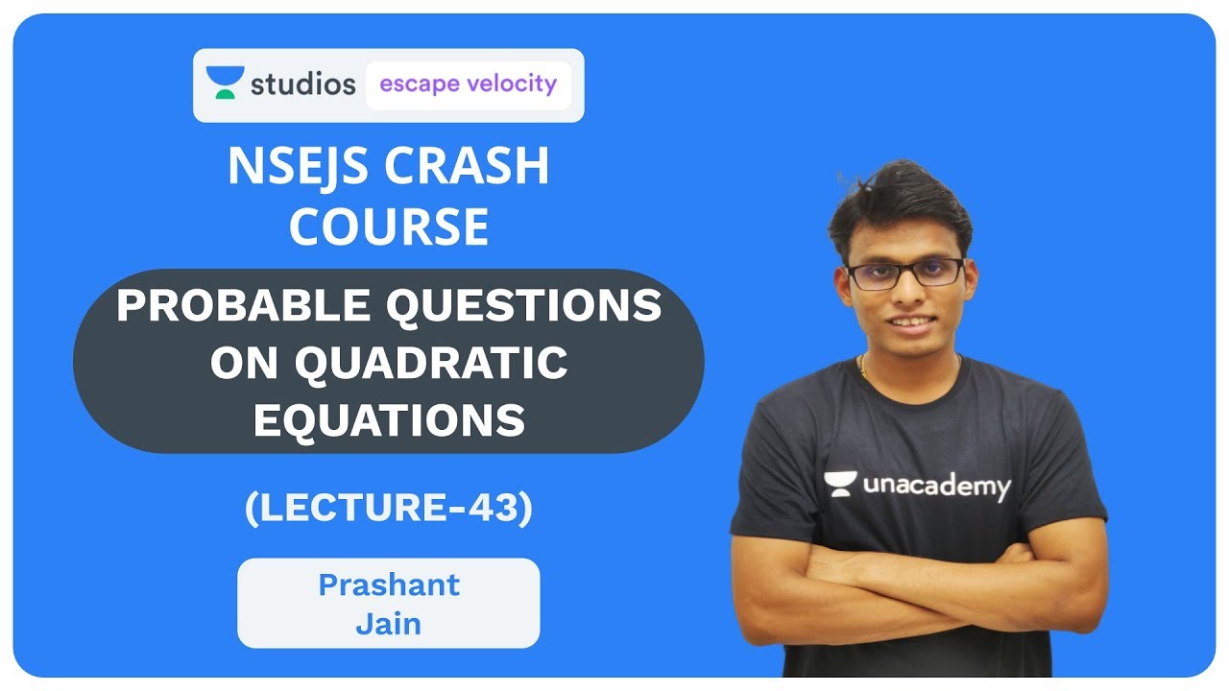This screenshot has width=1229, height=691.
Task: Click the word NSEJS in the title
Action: tap(298, 168)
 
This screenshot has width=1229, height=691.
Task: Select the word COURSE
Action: tap(389, 227)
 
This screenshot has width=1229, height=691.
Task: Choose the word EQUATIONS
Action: tap(389, 419)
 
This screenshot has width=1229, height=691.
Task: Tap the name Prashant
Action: tap(389, 584)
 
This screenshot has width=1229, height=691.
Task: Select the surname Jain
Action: tap(389, 624)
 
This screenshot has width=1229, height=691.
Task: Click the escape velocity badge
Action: tap(468, 84)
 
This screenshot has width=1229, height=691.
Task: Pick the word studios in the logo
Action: tap(302, 84)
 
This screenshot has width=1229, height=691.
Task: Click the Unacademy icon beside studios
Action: tap(225, 83)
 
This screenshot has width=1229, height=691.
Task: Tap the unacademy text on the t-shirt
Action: tap(936, 486)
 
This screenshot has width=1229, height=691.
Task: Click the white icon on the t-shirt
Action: tap(840, 483)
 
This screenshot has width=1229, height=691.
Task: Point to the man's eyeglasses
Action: tap(905, 273)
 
